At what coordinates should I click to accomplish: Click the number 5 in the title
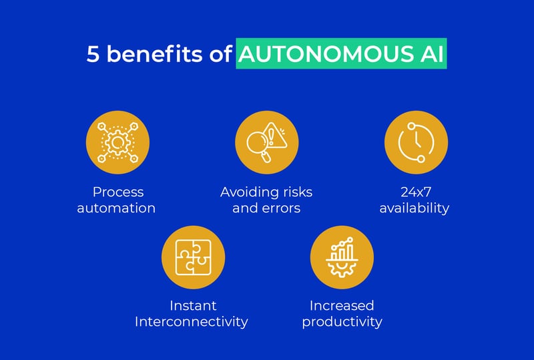click(94, 55)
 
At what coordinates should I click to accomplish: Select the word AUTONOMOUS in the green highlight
click(324, 55)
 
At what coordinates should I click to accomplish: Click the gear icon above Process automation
click(117, 142)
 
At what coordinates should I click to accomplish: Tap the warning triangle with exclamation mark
click(276, 135)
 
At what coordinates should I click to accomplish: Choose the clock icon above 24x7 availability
click(416, 142)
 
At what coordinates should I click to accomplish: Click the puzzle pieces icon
click(193, 256)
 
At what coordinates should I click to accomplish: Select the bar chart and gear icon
click(342, 256)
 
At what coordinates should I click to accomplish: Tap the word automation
click(116, 208)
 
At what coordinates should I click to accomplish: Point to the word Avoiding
click(247, 192)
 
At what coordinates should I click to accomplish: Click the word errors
click(281, 208)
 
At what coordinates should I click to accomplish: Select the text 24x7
click(415, 192)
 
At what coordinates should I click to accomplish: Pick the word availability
click(415, 208)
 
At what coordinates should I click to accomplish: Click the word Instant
click(193, 306)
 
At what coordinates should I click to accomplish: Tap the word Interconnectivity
click(192, 322)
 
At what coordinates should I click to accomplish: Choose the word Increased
click(342, 306)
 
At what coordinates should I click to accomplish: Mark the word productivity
click(342, 322)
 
